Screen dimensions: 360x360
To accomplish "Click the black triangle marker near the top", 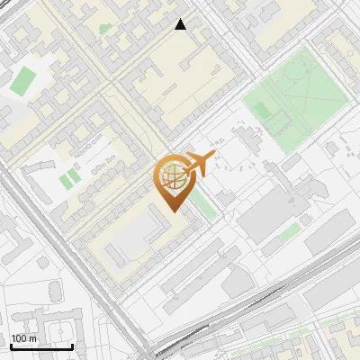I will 181,25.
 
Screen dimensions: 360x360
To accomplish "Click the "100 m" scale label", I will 23,337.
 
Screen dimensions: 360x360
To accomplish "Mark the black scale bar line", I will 41,346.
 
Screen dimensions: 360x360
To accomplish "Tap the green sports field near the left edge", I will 22,80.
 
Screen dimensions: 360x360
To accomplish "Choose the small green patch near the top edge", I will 105,29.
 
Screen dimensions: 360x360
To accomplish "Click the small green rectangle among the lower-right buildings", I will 290,233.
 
